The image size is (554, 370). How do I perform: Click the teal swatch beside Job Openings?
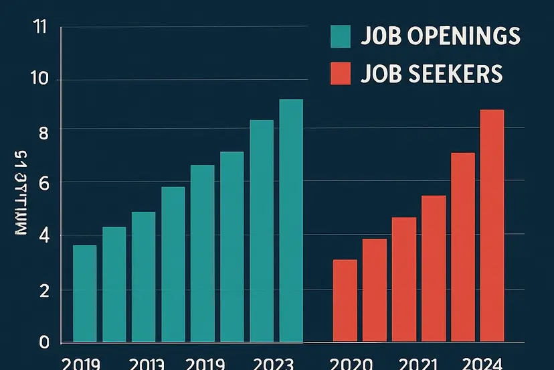(341, 37)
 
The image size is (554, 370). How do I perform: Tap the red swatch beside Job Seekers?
(341, 74)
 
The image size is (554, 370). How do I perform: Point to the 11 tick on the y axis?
(39, 28)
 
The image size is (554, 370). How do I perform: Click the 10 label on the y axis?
(39, 78)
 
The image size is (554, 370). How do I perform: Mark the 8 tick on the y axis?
(43, 133)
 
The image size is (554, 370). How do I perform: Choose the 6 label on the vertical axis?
(43, 183)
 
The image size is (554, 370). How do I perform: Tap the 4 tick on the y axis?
(43, 236)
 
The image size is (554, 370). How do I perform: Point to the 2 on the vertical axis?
(43, 290)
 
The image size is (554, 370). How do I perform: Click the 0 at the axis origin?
(43, 342)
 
